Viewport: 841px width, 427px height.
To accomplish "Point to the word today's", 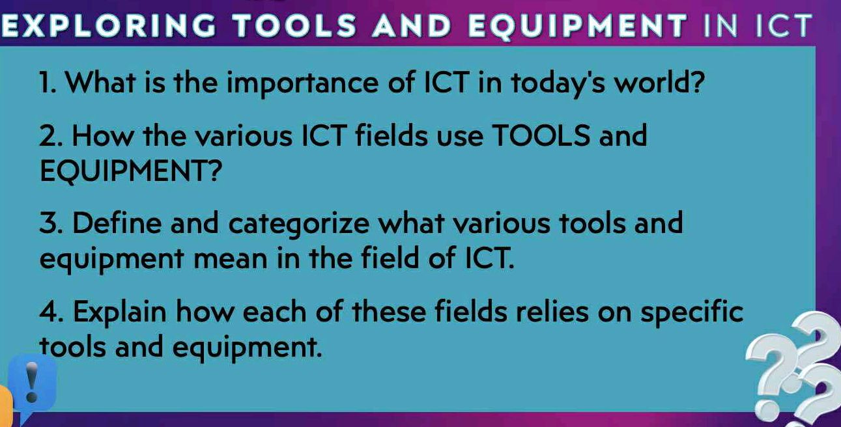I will pos(537,85).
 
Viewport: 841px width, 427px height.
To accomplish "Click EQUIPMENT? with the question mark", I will pos(131,172).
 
